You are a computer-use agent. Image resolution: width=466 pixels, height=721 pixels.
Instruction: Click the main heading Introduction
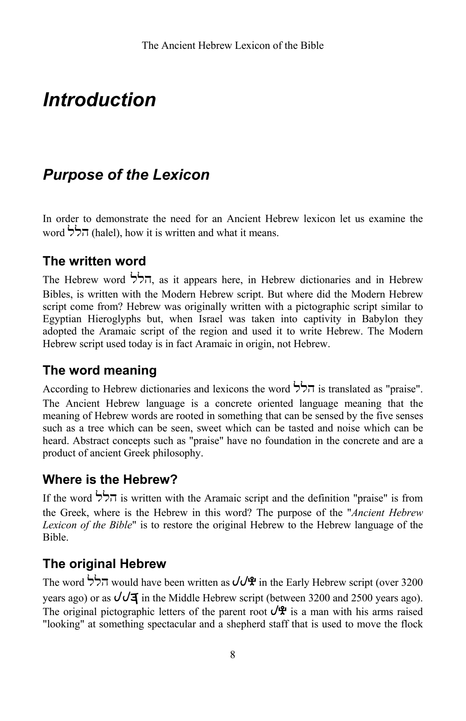99,100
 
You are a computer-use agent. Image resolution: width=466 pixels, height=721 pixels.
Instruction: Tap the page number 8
233,655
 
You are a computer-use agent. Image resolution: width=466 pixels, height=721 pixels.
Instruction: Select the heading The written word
94,261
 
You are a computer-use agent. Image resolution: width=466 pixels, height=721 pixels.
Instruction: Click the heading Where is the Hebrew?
110,479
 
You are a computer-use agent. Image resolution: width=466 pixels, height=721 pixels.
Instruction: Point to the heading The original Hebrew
104,564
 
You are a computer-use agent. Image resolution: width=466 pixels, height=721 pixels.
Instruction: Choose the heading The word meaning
100,370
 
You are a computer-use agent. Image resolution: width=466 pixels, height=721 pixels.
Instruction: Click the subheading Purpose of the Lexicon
126,175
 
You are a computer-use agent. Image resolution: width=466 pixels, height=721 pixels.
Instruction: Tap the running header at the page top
233,46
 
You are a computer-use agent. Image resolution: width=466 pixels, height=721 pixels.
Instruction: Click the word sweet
207,428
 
